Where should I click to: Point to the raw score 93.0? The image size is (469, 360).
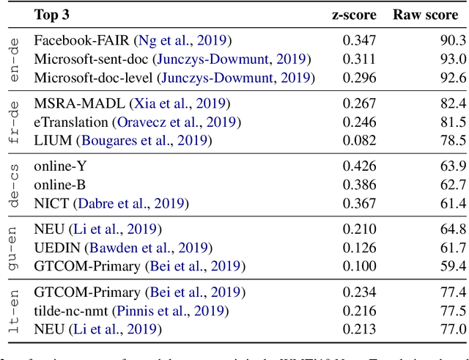pos(451,59)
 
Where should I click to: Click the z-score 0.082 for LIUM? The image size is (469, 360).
pos(359,139)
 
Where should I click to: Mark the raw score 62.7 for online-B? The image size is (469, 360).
pos(451,185)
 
